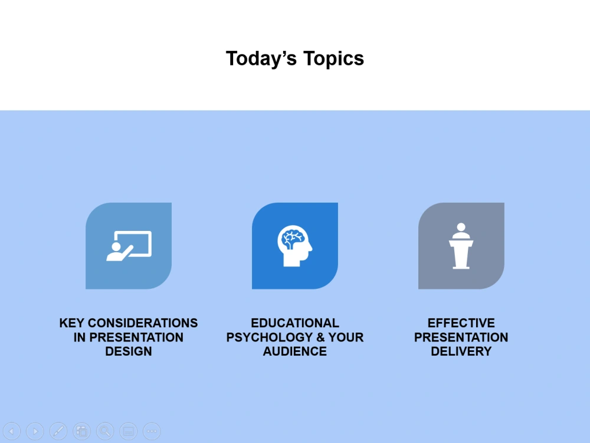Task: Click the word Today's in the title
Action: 261,58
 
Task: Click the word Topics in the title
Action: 333,58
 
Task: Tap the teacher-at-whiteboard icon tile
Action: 129,246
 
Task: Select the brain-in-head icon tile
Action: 295,246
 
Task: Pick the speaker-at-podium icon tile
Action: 461,246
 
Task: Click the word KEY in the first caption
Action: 72,323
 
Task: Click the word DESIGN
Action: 129,351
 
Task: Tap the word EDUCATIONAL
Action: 295,323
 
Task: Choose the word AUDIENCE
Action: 295,351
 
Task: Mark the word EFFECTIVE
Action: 461,323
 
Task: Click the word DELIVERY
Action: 461,351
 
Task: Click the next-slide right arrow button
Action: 35,431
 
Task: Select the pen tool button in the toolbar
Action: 58,431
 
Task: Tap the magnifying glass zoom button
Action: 105,431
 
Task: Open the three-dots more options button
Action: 152,431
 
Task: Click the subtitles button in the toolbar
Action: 129,431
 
